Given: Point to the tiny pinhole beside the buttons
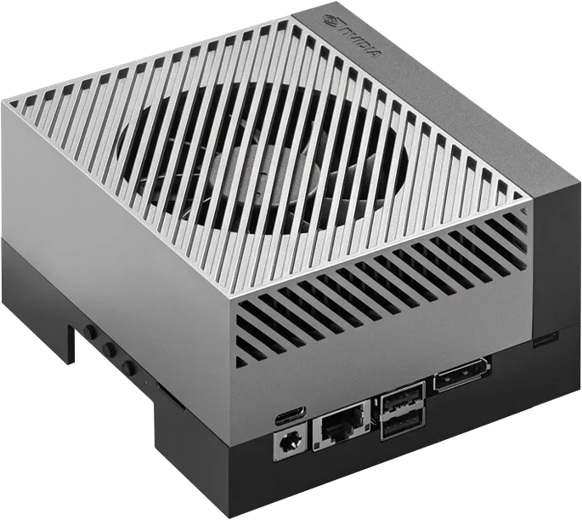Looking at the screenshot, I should point(144,387).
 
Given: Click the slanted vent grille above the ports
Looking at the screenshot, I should point(382,289).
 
